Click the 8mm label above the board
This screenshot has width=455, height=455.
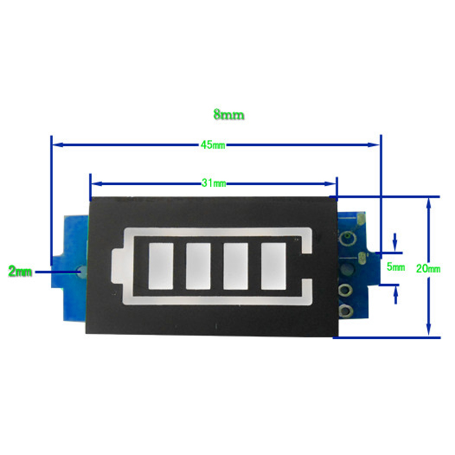(x=229, y=115)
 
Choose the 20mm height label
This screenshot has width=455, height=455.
(x=428, y=268)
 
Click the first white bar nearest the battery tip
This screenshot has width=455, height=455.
(x=161, y=266)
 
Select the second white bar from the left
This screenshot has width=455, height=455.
(x=198, y=266)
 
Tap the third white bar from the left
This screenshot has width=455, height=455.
(x=235, y=266)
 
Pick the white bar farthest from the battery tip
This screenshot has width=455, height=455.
(x=273, y=266)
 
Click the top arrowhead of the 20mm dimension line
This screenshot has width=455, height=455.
(x=428, y=202)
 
